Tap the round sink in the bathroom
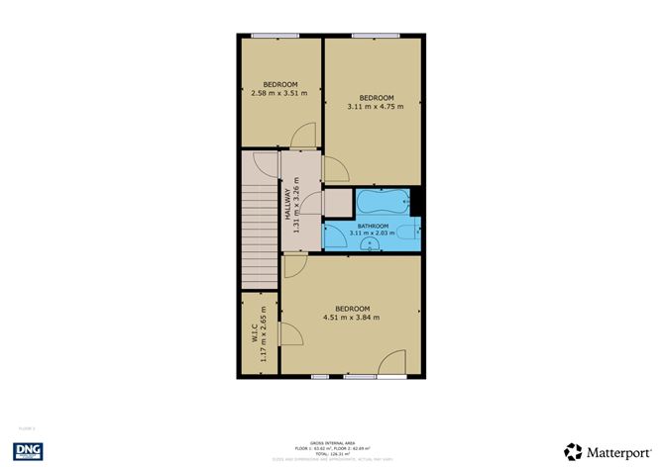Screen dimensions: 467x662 click(370, 246)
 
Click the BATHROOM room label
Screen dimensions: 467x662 click(373, 226)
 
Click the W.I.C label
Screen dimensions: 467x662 click(254, 333)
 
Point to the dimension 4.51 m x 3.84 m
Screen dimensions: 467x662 click(352, 317)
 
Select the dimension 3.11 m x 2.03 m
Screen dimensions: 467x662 click(373, 233)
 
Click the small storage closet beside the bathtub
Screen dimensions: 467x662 click(337, 203)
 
